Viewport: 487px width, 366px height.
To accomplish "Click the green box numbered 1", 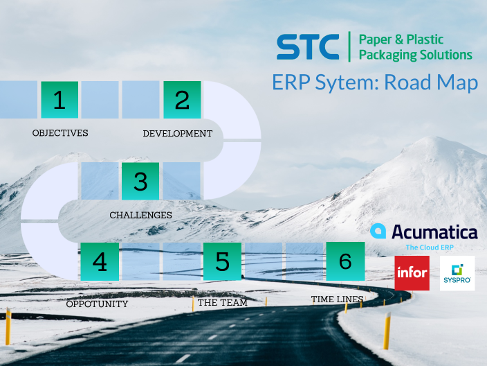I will point(59,100).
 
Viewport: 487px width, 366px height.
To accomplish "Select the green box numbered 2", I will point(182,100).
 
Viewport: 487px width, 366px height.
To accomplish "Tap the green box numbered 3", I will point(140,181).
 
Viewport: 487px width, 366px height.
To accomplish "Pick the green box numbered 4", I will point(100,261).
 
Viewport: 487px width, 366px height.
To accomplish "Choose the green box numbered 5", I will point(222,261).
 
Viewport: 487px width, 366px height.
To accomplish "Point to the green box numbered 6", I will point(345,261).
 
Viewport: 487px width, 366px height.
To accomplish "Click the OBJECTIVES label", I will point(60,132).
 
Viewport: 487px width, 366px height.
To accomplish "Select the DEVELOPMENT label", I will point(177,133).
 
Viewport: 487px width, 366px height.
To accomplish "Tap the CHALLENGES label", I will point(140,215).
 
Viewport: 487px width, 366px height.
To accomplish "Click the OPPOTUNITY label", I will point(97,304).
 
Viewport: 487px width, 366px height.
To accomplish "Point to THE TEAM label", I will point(222,302).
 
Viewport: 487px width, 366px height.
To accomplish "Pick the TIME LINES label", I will point(338,299).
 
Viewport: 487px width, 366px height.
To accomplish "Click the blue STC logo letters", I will point(308,47).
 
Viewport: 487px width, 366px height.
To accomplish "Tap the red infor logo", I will point(412,273).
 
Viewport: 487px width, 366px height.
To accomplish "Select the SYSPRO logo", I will point(457,273).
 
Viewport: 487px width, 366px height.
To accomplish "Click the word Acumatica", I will point(434,232).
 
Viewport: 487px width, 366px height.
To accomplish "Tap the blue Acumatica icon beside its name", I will point(378,232).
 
